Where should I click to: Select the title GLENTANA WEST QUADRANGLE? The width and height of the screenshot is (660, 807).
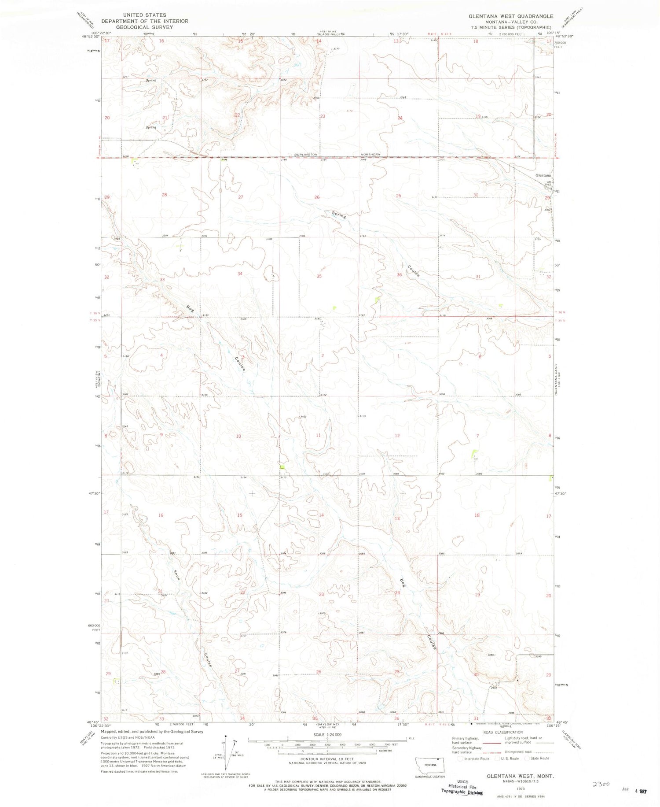pos(505,16)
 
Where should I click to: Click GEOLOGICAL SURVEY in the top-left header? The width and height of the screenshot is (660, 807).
pos(138,27)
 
